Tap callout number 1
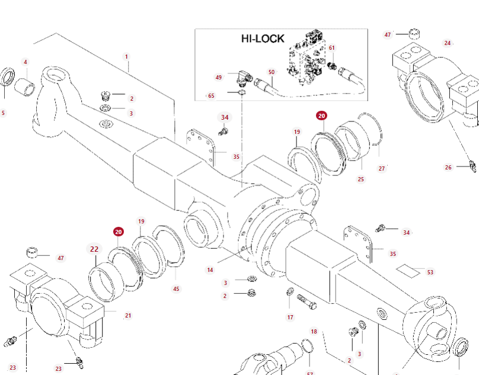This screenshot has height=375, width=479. (x=126, y=56)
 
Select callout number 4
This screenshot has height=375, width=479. (x=25, y=62)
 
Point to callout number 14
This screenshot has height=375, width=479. (x=210, y=270)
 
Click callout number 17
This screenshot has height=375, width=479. (x=290, y=318)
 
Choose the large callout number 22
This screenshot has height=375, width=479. (x=94, y=249)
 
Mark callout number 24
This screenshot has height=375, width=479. (x=448, y=43)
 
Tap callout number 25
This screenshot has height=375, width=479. (x=361, y=180)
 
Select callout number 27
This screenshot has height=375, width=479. (x=382, y=169)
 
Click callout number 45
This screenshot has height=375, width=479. (x=176, y=289)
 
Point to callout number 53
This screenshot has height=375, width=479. (x=430, y=272)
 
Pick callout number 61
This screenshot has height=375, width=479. (x=332, y=48)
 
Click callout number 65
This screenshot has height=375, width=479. (x=212, y=96)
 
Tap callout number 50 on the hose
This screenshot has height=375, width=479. (x=272, y=72)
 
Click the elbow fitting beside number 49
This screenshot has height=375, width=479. (x=244, y=78)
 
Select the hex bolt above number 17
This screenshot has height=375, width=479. (x=306, y=302)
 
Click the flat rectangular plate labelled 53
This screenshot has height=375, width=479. (x=408, y=271)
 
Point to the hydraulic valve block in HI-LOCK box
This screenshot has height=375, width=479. (x=307, y=55)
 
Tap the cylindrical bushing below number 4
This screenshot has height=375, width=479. (x=25, y=86)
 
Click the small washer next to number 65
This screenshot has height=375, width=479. (x=242, y=92)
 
